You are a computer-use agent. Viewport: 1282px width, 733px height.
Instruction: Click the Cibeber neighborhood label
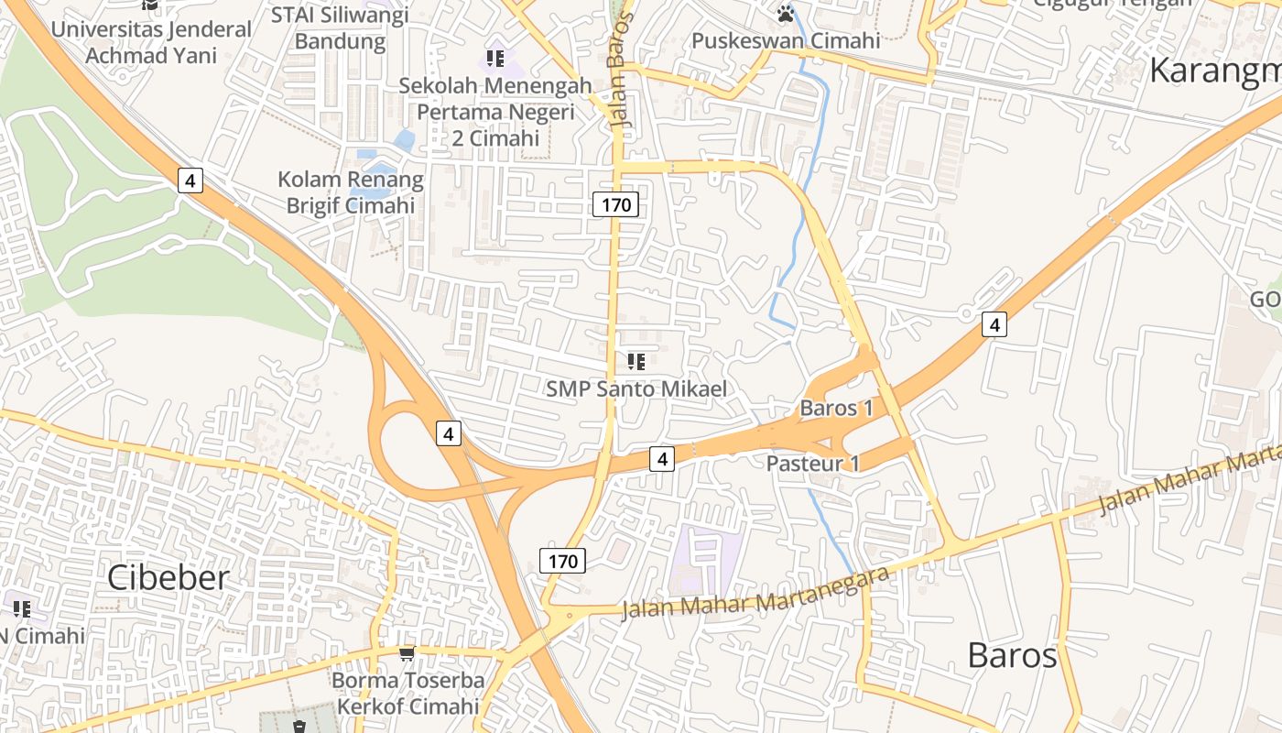click(168, 578)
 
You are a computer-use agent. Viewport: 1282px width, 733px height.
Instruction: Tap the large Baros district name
click(1012, 656)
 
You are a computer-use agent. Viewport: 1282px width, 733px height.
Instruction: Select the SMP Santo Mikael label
click(636, 388)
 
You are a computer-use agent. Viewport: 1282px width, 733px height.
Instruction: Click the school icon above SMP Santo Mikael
click(636, 362)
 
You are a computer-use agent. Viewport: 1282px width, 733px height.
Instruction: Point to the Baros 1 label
click(836, 409)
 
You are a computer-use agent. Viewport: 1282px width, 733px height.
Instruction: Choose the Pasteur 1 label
click(813, 464)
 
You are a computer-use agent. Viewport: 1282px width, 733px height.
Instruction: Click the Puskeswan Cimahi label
click(786, 41)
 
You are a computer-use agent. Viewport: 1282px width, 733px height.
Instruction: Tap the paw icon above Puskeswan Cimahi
click(786, 14)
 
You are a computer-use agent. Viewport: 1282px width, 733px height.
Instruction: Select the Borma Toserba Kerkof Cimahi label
click(407, 694)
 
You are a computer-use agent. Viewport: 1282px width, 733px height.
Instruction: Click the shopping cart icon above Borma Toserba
click(407, 653)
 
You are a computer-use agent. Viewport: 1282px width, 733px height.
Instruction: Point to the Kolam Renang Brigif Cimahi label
click(351, 192)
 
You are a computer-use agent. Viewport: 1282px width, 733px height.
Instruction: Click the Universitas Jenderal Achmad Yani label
click(151, 42)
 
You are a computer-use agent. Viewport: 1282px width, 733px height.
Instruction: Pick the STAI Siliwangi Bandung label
click(341, 28)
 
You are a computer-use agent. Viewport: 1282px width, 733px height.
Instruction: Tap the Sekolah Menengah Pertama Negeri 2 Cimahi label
click(495, 112)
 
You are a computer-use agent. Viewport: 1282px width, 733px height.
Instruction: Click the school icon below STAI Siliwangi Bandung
click(495, 60)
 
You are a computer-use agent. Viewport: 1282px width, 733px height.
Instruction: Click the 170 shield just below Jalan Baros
click(616, 204)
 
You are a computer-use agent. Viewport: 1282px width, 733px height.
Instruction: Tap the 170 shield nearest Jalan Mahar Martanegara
click(562, 561)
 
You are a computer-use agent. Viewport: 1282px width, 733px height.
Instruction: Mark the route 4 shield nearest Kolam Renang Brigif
click(190, 181)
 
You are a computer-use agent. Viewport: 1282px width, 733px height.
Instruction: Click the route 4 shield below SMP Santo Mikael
click(662, 458)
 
